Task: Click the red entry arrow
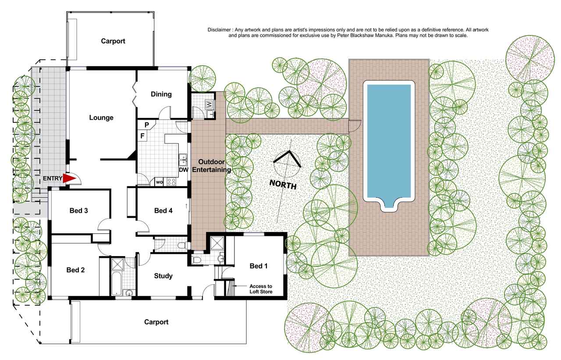(69, 178)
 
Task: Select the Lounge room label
(101, 118)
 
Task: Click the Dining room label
(161, 94)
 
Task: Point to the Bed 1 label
(259, 266)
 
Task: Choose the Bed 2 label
(75, 270)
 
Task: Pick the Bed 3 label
(78, 210)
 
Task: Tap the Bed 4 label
(163, 210)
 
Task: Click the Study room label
(163, 276)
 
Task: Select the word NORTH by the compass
(283, 185)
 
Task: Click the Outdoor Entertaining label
(211, 166)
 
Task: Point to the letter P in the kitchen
(147, 125)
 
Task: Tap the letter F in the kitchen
(142, 136)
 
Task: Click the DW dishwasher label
(184, 170)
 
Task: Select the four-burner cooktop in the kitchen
(171, 182)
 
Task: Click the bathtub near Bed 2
(117, 284)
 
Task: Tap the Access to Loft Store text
(261, 289)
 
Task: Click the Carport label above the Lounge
(113, 41)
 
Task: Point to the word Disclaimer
(219, 30)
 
